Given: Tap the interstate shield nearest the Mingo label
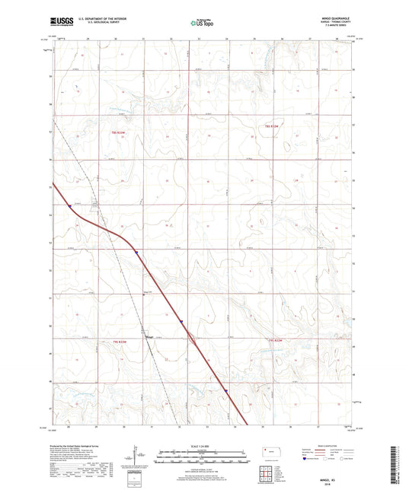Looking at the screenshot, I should pyautogui.click(x=181, y=321).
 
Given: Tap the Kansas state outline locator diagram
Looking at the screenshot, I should pyautogui.click(x=267, y=452).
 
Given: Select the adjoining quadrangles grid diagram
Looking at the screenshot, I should pyautogui.click(x=268, y=473).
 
